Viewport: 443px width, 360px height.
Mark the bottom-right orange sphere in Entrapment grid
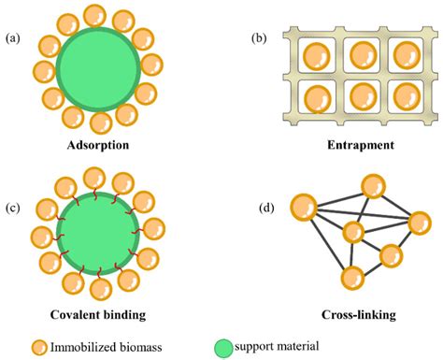(406, 97)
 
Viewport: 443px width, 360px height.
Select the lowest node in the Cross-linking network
(352, 277)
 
